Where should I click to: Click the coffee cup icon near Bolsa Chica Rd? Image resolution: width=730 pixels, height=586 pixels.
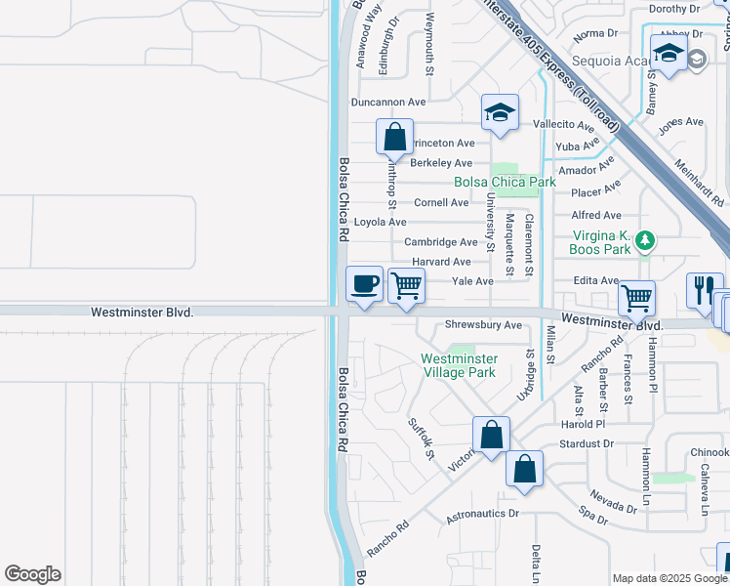[x=365, y=283]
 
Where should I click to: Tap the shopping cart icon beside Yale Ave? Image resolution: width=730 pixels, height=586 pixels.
[x=406, y=285]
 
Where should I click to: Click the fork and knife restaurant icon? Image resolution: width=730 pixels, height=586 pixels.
[x=704, y=288]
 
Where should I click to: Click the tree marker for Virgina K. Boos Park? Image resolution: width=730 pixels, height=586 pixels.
[x=643, y=240]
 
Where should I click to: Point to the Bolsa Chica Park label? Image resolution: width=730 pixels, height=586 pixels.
[x=505, y=182]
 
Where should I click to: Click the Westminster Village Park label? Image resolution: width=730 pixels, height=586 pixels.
[x=458, y=365]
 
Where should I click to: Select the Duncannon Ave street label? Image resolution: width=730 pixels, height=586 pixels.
[x=389, y=102]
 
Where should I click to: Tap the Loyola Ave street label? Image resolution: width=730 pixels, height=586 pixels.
[x=380, y=222]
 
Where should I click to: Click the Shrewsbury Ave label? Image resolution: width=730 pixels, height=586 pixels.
[x=483, y=325]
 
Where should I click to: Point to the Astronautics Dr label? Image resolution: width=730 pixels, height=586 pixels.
[x=483, y=514]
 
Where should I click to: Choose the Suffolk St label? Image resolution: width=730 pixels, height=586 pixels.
[x=420, y=437]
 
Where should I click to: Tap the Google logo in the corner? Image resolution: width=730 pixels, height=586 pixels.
[x=32, y=574]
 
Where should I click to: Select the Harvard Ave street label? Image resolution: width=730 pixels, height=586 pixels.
[x=441, y=262]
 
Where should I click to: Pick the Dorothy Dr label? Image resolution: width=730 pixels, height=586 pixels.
[x=674, y=9]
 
